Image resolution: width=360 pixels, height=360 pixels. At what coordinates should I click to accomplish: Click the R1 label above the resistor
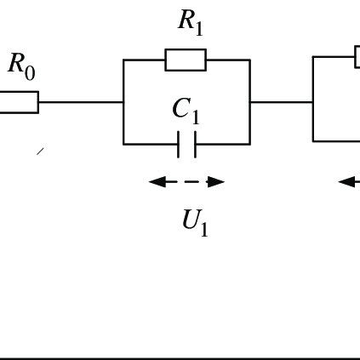pyautogui.click(x=191, y=23)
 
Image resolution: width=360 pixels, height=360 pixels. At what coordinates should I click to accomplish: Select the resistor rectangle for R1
pyautogui.click(x=186, y=60)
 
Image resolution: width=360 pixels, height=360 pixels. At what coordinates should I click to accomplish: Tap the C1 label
pyautogui.click(x=186, y=110)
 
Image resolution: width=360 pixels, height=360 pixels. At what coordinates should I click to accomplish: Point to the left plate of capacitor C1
pyautogui.click(x=179, y=145)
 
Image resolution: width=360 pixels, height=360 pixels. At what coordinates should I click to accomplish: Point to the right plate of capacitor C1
pyautogui.click(x=195, y=145)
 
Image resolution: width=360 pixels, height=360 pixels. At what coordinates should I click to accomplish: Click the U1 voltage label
pyautogui.click(x=195, y=222)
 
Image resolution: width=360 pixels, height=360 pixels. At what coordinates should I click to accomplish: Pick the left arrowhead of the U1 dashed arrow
pyautogui.click(x=156, y=181)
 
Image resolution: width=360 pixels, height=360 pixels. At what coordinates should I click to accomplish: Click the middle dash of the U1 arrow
pyautogui.click(x=186, y=181)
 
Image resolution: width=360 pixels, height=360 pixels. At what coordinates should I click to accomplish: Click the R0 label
pyautogui.click(x=22, y=66)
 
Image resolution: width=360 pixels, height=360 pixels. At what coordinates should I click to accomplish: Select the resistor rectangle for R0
pyautogui.click(x=18, y=102)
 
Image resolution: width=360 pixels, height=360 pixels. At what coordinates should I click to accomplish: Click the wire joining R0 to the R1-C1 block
pyautogui.click(x=81, y=102)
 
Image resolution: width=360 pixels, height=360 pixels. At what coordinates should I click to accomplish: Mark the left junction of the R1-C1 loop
pyautogui.click(x=123, y=102)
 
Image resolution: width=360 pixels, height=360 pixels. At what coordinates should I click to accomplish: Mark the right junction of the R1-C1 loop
pyautogui.click(x=249, y=102)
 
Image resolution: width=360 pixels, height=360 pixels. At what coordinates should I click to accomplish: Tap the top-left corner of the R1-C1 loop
pyautogui.click(x=123, y=60)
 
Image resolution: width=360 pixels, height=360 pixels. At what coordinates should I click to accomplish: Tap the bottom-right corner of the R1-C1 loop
pyautogui.click(x=249, y=144)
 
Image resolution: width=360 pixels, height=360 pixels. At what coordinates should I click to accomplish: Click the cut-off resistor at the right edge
pyautogui.click(x=357, y=57)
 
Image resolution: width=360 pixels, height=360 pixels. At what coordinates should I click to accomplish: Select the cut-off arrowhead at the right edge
pyautogui.click(x=347, y=181)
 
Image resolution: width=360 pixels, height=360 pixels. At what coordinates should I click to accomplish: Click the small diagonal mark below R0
pyautogui.click(x=40, y=151)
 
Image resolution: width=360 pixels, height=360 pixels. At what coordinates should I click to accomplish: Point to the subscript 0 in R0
pyautogui.click(x=30, y=73)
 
